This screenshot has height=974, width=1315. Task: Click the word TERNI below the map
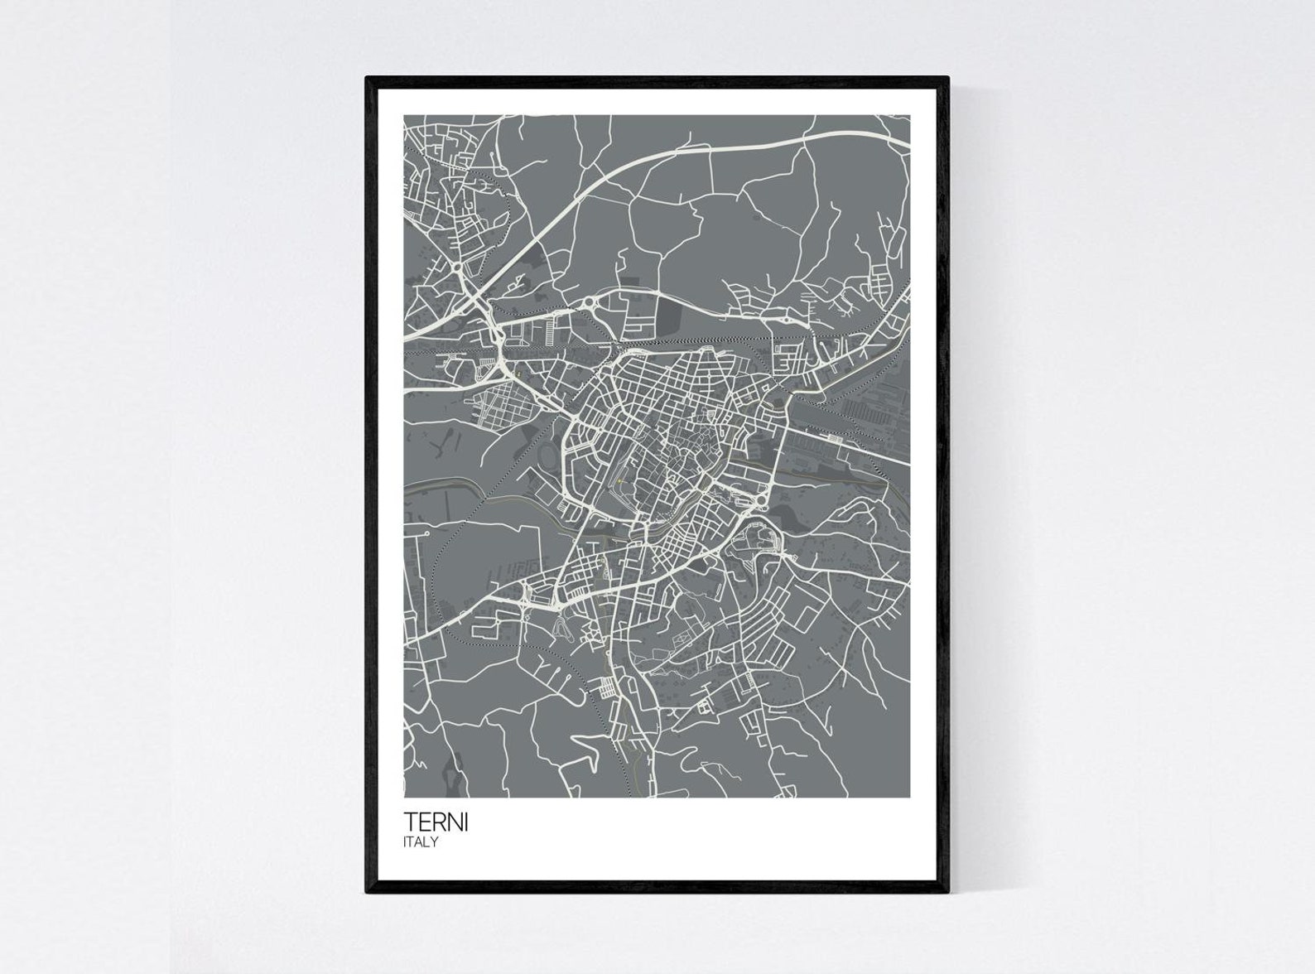click(435, 823)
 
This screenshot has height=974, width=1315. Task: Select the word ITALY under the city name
click(421, 842)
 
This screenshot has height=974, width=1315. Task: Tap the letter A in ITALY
click(420, 842)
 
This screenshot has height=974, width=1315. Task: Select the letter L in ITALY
click(427, 842)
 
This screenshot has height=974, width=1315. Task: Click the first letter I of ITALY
click(406, 842)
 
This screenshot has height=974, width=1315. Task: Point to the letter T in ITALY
click(412, 842)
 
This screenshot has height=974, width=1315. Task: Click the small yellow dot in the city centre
click(619, 481)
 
